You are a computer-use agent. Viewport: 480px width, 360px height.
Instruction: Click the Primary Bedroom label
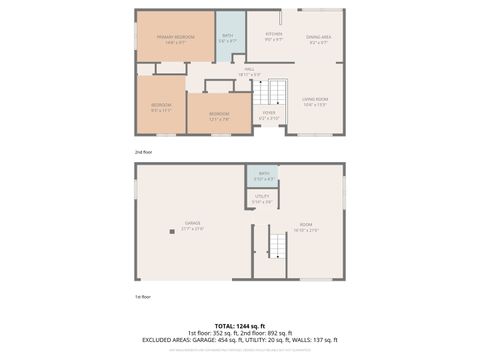pos(174,39)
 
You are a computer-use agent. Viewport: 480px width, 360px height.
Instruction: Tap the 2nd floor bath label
pos(228,37)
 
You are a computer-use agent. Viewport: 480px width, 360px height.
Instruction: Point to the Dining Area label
pos(319,38)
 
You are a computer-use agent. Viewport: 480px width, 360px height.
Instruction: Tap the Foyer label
pos(269,114)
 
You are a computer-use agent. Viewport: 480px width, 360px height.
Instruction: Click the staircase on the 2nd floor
pos(269,93)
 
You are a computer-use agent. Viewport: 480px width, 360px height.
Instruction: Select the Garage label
pos(192,225)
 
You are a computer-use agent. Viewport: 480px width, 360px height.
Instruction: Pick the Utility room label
pos(262,198)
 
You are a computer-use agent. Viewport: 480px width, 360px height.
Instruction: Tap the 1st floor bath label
pos(262,177)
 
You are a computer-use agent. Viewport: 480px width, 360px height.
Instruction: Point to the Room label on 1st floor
pos(306,227)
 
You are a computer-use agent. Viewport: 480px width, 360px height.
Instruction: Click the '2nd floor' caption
pos(145,152)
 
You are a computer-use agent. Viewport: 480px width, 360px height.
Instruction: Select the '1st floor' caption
pos(143,296)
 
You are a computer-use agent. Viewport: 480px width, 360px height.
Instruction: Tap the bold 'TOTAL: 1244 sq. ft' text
pos(240,325)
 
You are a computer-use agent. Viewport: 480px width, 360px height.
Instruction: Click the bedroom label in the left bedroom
pos(161,106)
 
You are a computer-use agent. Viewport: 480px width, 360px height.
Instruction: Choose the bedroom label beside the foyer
pos(219,115)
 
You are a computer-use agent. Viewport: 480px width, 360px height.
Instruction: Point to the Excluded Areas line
pos(240,341)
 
